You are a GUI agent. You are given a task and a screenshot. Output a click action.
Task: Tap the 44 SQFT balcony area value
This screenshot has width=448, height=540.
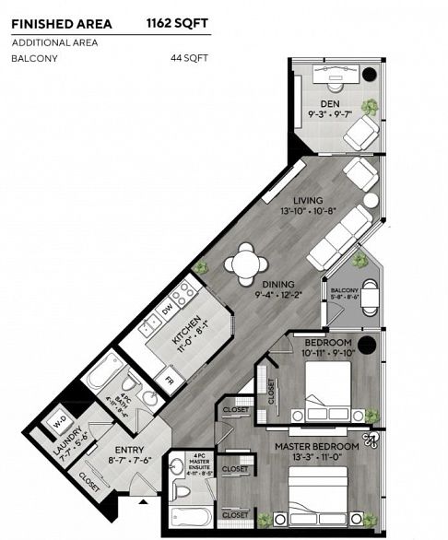click(x=189, y=58)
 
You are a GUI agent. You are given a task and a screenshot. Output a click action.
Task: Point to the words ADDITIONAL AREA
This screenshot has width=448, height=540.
click(x=54, y=41)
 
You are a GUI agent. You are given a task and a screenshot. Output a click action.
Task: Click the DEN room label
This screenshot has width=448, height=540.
click(x=329, y=103)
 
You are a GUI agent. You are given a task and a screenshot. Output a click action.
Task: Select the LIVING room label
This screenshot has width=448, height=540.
click(x=307, y=200)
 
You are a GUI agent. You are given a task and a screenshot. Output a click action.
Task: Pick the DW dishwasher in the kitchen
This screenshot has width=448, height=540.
click(x=168, y=311)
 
